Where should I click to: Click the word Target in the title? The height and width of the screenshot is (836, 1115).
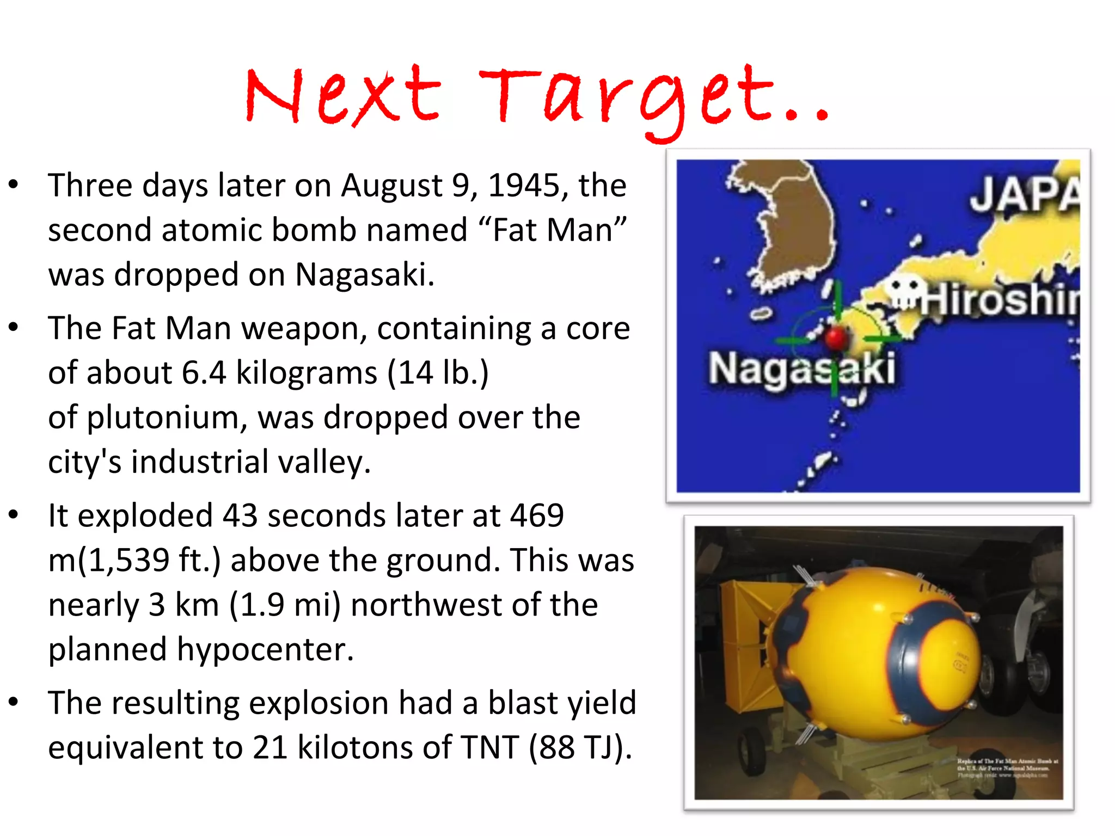click(x=626, y=98)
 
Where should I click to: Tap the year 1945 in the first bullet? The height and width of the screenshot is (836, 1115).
click(x=525, y=186)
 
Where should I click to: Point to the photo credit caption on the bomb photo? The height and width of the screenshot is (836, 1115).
click(x=1007, y=768)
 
